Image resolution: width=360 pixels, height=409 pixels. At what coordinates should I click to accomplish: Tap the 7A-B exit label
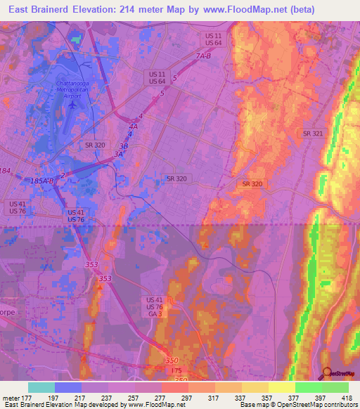204,56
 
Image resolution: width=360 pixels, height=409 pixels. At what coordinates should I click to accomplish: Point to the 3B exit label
124,145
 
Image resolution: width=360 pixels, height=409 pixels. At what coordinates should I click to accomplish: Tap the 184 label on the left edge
6,171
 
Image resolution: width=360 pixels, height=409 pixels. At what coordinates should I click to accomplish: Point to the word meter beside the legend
10,397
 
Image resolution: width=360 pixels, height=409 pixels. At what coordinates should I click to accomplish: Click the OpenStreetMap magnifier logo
326,373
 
